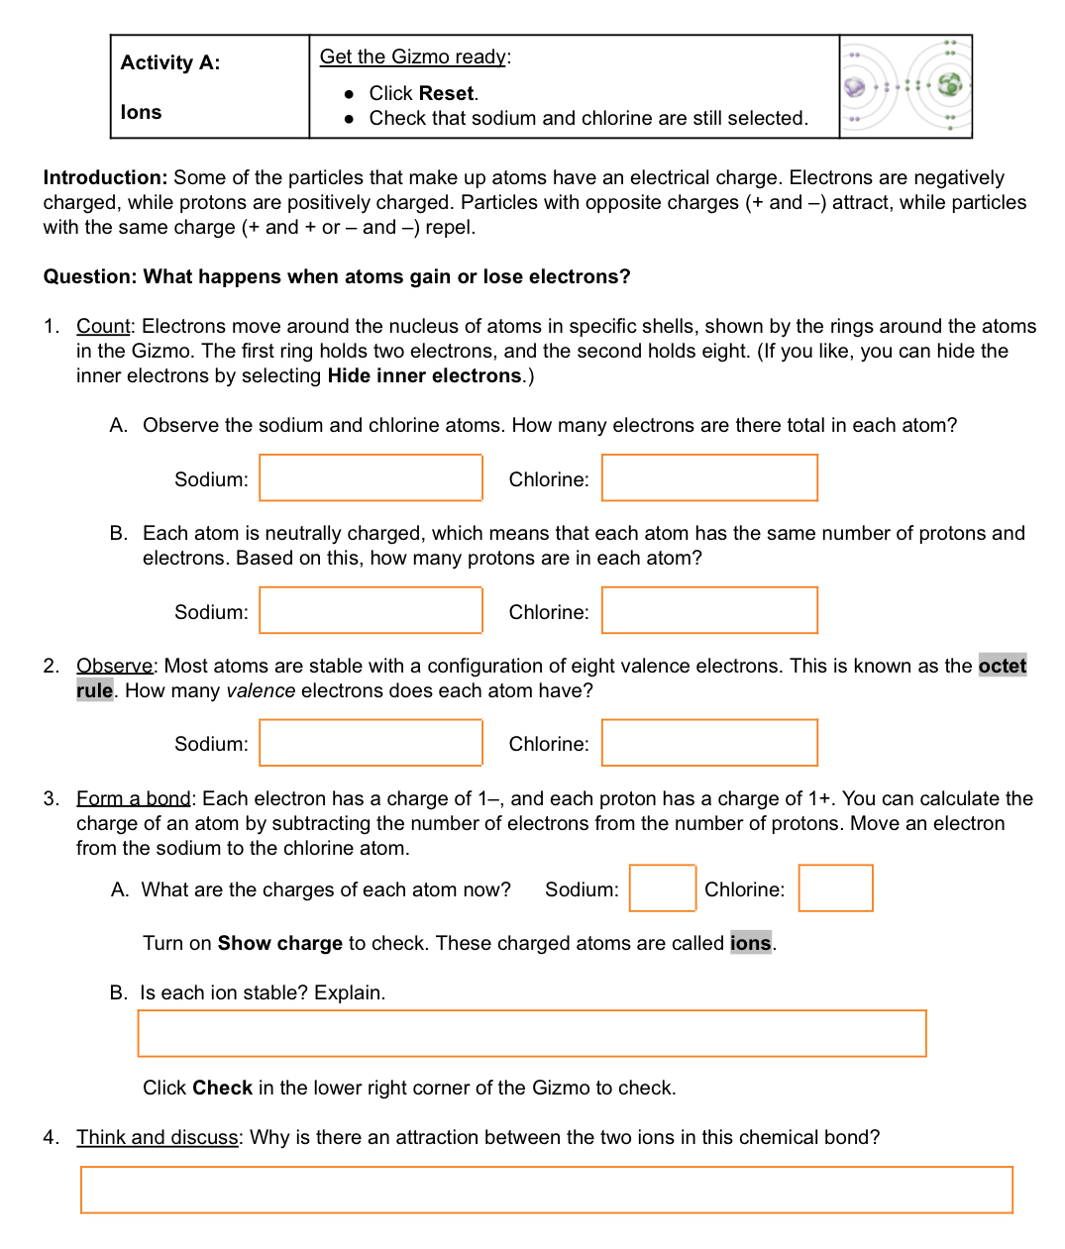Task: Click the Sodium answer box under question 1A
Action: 371,477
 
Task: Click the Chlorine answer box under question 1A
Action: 709,477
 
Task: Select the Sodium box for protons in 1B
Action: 371,610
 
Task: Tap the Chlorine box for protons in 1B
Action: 709,610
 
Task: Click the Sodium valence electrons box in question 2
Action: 371,743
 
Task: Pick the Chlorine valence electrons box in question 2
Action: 709,743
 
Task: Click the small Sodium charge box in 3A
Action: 663,887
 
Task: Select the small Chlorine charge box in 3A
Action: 835,887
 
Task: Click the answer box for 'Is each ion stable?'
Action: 532,1033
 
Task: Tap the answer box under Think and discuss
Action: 547,1190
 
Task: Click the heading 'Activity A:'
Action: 170,62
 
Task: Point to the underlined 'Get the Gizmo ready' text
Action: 413,56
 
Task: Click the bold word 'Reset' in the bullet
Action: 446,93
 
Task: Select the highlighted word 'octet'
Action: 1002,666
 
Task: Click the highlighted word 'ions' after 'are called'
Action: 750,943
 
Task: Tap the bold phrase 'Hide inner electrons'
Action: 424,375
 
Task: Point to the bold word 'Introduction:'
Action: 106,177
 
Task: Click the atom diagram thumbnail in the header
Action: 905,86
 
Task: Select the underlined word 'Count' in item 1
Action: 103,326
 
